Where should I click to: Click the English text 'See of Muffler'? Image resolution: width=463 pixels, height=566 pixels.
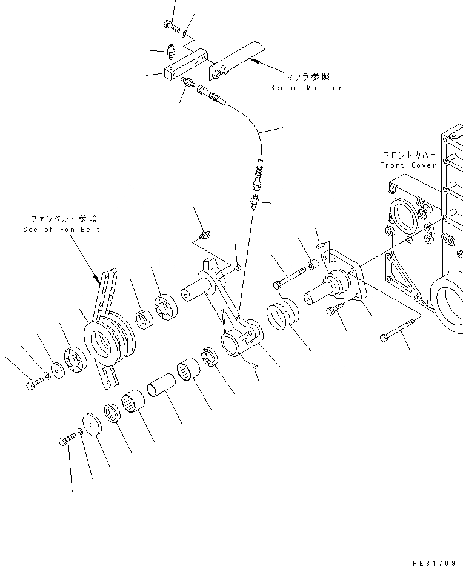(x=306, y=88)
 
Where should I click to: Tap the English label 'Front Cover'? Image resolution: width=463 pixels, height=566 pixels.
(x=408, y=165)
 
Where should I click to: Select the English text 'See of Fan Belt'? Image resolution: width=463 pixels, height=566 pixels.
(x=61, y=230)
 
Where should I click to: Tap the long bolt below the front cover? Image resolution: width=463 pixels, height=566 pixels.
(x=397, y=328)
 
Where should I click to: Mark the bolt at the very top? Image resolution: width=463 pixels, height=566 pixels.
(x=172, y=26)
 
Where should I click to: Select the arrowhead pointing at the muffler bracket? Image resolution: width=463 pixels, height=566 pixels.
(x=253, y=60)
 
